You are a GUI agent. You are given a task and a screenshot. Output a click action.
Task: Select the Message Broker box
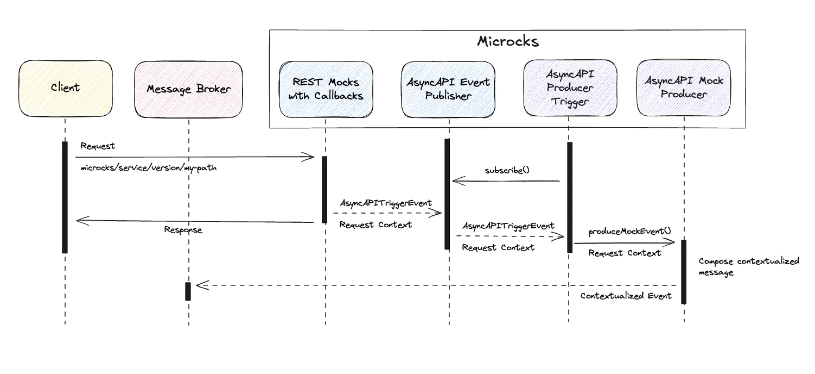pos(188,89)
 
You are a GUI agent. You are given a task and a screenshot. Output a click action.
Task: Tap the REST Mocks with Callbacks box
pos(326,89)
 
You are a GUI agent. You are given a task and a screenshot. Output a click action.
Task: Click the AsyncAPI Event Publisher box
pos(448,89)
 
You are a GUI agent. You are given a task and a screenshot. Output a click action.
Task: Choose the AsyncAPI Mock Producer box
pos(684,88)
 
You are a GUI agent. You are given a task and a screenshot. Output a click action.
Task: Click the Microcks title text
pos(508,41)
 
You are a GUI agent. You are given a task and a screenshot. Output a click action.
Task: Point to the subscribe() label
pos(507,170)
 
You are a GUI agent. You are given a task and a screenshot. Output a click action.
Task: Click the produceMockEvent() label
pos(629,231)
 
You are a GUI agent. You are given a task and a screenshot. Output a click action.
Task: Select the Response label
pos(183,230)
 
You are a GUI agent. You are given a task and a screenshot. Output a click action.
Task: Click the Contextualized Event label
pos(626,296)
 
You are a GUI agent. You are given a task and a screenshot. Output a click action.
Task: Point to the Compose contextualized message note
pos(748,266)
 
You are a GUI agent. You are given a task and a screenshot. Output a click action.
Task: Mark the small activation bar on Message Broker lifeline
pos(188,291)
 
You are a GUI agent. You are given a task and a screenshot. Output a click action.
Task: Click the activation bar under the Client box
pos(65,197)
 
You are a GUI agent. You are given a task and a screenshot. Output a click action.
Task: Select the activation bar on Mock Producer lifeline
pos(684,271)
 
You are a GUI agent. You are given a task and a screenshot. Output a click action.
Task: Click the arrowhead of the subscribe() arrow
pos(456,180)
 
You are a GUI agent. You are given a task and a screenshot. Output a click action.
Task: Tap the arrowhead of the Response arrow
pos(79,220)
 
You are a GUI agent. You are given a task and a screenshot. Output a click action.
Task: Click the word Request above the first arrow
pos(97,146)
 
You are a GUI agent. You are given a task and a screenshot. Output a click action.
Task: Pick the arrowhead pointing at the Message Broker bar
pos(199,285)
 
